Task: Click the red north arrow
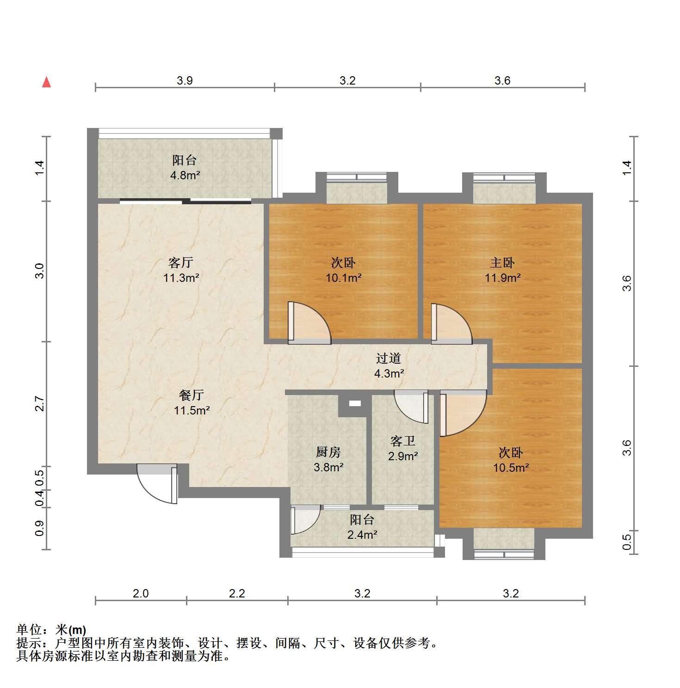tap(46, 82)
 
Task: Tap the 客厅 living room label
tap(180, 263)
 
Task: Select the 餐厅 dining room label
tap(192, 395)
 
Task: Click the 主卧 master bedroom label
tap(502, 263)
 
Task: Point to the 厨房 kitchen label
tap(328, 452)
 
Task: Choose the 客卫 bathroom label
tap(402, 441)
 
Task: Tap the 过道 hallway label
tap(388, 358)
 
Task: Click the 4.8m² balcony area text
tap(185, 175)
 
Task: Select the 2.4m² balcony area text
tap(362, 535)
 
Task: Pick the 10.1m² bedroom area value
tap(343, 278)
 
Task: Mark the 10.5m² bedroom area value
tap(511, 468)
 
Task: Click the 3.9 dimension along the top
tap(185, 81)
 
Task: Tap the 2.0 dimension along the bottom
tap(141, 593)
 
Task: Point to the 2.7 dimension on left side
tap(40, 404)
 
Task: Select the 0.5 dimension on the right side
tap(627, 542)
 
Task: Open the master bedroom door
tap(451, 323)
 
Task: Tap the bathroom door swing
tap(411, 407)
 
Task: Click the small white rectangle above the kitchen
tap(355, 403)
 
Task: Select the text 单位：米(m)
tap(51, 629)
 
